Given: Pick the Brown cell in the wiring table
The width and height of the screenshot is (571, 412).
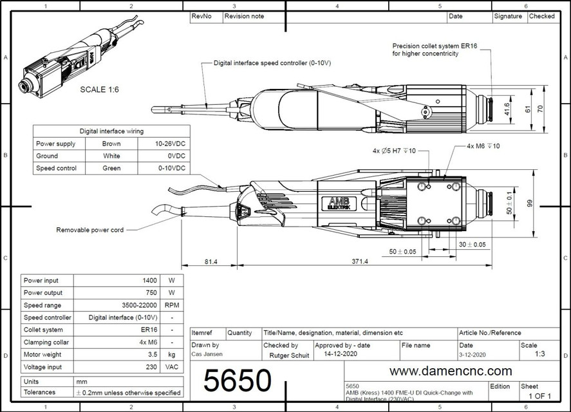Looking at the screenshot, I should pyautogui.click(x=111, y=144).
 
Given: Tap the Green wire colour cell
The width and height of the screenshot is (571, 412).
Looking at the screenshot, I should pyautogui.click(x=111, y=168).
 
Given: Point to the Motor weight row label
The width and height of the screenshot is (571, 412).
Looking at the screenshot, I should pyautogui.click(x=42, y=354).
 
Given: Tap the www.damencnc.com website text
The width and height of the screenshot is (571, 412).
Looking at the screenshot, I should pyautogui.click(x=451, y=371).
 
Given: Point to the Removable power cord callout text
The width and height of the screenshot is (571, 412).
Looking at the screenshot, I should pyautogui.click(x=89, y=230).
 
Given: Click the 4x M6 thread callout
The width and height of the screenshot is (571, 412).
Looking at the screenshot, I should pyautogui.click(x=483, y=146).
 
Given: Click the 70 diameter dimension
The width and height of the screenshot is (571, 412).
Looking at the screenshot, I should pyautogui.click(x=541, y=109).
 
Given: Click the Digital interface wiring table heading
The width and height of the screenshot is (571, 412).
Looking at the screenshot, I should pyautogui.click(x=111, y=131).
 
